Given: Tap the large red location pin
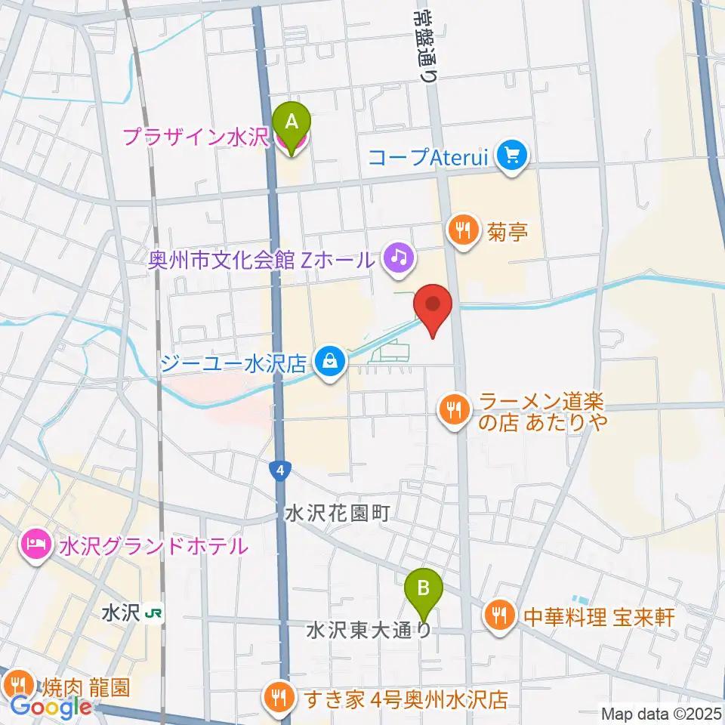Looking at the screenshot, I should click(433, 306).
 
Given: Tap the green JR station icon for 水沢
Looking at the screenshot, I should click(155, 613).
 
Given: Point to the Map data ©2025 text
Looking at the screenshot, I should click(661, 713).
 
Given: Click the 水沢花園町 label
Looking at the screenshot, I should click(337, 514).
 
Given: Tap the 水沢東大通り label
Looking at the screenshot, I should click(369, 629).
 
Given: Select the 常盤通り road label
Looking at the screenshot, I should click(427, 42).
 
